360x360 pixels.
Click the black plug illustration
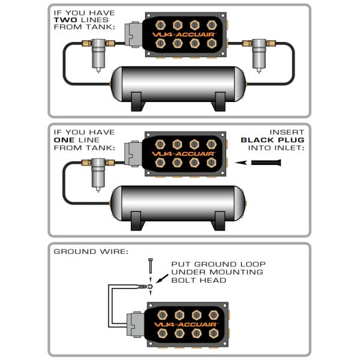275,162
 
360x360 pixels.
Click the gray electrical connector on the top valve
133,35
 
